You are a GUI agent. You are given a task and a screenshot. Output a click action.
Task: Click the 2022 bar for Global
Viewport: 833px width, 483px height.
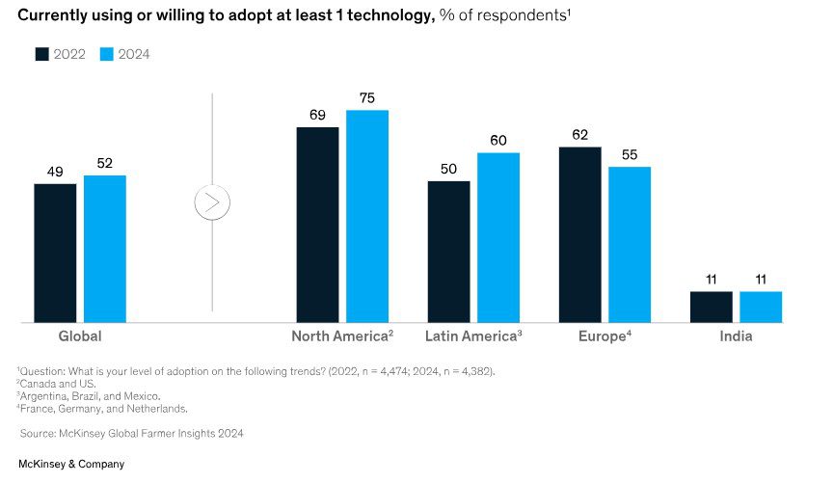coord(55,253)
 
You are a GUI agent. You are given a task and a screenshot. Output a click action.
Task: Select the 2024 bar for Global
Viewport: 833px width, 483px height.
coord(105,249)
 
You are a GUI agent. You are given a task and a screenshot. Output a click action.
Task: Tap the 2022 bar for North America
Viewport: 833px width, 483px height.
coord(317,225)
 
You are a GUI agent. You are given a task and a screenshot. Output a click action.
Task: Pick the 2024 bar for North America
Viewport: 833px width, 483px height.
coord(367,216)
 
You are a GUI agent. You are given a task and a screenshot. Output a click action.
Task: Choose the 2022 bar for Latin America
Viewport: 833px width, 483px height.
coord(449,252)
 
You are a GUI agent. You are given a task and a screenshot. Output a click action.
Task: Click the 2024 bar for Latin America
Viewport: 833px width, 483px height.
coord(498,237)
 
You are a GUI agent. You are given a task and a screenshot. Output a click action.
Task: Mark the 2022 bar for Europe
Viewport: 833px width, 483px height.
coord(580,234)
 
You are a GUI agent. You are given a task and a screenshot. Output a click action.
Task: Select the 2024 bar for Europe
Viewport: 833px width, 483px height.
coord(630,244)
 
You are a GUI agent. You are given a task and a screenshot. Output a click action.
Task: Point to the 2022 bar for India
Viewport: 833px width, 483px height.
coord(712,307)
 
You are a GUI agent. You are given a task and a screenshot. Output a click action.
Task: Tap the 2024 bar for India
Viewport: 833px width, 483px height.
coord(761,307)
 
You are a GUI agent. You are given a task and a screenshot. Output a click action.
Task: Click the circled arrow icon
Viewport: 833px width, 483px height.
coord(212,203)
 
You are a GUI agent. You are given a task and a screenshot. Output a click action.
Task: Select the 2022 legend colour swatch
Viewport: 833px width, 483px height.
coord(42,54)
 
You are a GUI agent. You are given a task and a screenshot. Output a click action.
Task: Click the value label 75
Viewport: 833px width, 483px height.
coord(367,97)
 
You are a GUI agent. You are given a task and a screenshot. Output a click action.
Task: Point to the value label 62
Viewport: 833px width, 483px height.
coord(579,134)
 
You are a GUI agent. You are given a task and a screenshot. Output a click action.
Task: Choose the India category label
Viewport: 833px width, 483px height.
coord(736,337)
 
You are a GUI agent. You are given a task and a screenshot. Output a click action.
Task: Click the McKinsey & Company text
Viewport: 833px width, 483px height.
coord(71,465)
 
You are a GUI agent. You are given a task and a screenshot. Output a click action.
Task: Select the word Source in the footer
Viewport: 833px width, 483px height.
coord(39,434)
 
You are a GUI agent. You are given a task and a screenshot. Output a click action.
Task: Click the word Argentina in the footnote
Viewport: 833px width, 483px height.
coord(47,396)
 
